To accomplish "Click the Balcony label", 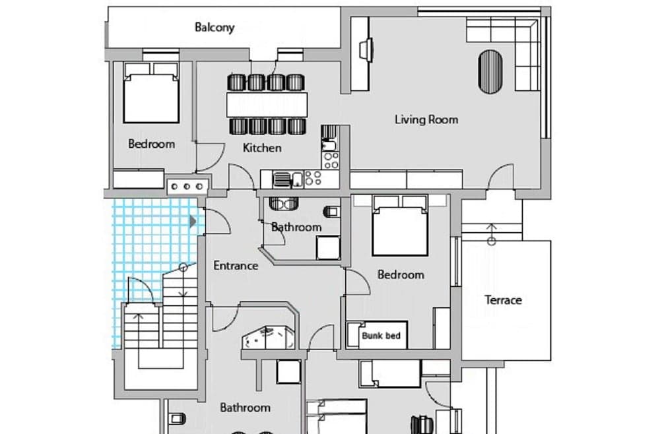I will [x=214, y=28].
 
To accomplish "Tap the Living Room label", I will [x=426, y=119].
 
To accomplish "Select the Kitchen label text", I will [x=262, y=148].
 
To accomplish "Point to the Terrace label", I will [x=503, y=300].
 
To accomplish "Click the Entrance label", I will [x=236, y=266].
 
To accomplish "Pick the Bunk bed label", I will [x=381, y=336].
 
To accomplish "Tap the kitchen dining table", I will [x=267, y=104].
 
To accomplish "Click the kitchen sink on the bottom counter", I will [x=282, y=178].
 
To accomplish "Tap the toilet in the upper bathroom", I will [x=332, y=211].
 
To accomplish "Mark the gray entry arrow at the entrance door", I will [x=193, y=222].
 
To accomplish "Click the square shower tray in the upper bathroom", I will [x=327, y=247].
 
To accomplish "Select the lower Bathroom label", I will [x=245, y=408].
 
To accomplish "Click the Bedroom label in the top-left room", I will [x=151, y=144].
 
